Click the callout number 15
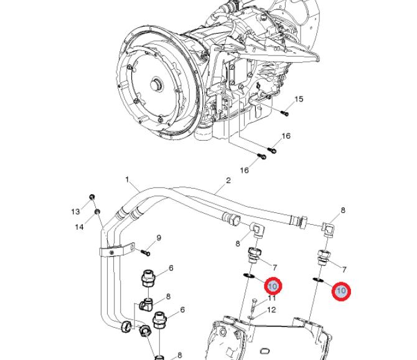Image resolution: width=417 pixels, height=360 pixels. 299,99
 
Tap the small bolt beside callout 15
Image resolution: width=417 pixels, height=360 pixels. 284,113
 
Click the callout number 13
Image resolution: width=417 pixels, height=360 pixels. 75,211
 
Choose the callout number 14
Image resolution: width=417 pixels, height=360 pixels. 79,227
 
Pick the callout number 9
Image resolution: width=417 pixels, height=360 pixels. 159,237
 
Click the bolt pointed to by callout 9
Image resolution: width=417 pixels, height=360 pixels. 144,252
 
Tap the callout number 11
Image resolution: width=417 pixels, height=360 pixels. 271,299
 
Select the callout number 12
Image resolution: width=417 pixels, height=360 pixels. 271,310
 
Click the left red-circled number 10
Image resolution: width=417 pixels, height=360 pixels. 273,286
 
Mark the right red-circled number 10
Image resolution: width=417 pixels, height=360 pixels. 341,291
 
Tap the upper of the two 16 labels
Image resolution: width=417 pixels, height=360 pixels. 286,136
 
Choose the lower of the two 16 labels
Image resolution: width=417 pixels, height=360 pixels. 245,170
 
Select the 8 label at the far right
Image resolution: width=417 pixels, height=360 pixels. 343,211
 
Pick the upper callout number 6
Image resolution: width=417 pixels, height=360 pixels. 171,268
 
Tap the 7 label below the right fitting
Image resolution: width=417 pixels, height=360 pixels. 344,270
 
